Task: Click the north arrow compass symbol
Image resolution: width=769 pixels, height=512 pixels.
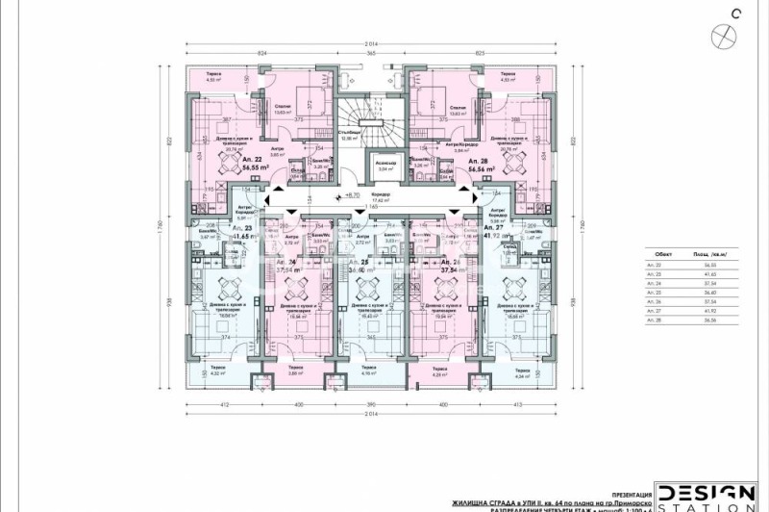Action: tap(722, 34)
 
